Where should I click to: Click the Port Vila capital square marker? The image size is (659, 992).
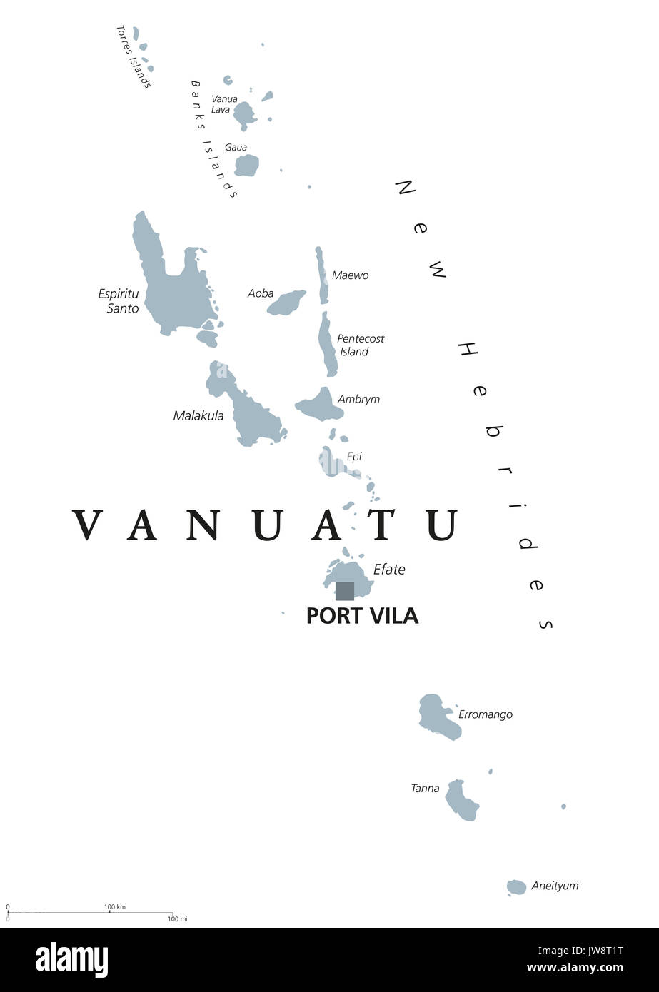pyautogui.click(x=345, y=591)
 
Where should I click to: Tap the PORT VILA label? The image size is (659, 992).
pyautogui.click(x=362, y=615)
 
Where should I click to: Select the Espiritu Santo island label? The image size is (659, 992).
pyautogui.click(x=118, y=301)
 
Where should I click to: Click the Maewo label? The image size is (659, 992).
pyautogui.click(x=350, y=275)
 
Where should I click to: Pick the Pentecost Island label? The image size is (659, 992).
pyautogui.click(x=360, y=345)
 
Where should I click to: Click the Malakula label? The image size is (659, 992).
pyautogui.click(x=198, y=415)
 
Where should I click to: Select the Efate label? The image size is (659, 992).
pyautogui.click(x=389, y=570)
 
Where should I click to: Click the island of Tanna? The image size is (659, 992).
pyautogui.click(x=462, y=800)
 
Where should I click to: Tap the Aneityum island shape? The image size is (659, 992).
pyautogui.click(x=516, y=887)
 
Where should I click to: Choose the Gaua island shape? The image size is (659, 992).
pyautogui.click(x=246, y=166)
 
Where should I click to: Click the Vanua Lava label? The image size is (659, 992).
pyautogui.click(x=224, y=104)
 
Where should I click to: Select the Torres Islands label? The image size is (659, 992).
pyautogui.click(x=134, y=56)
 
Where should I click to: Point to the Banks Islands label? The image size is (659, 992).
pyautogui.click(x=213, y=138)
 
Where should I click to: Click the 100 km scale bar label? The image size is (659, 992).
pyautogui.click(x=115, y=907)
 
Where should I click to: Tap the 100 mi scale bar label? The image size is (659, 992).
pyautogui.click(x=177, y=918)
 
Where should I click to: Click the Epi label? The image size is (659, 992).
pyautogui.click(x=354, y=457)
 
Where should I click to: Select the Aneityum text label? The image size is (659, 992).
pyautogui.click(x=555, y=886)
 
